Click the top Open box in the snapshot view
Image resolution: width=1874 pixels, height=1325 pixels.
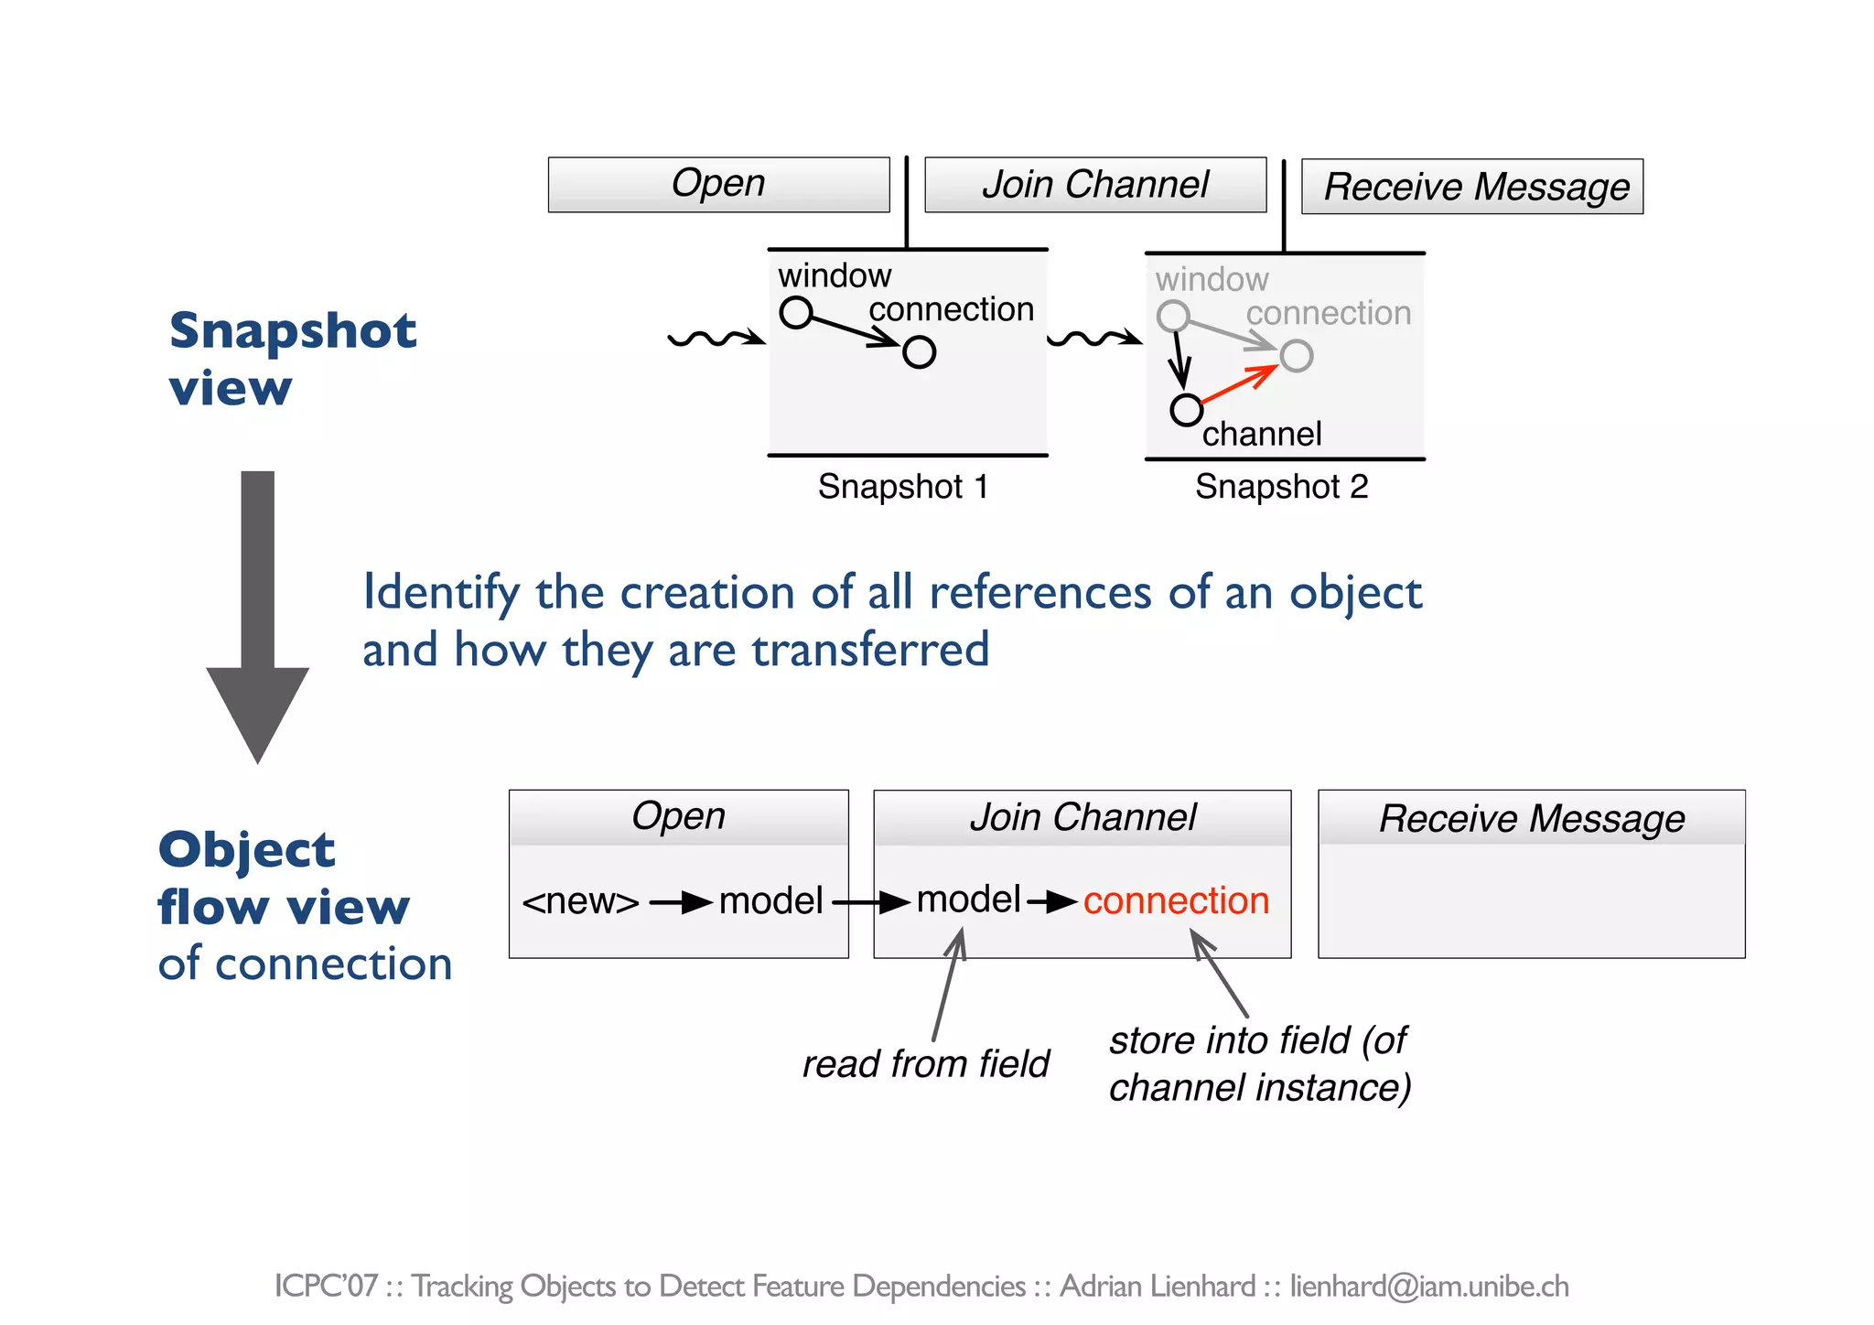tap(718, 185)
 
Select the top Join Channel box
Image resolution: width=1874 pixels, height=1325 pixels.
tap(1095, 185)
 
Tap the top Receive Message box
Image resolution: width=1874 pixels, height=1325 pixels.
tap(1471, 187)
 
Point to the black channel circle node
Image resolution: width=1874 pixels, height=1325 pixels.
tap(1186, 410)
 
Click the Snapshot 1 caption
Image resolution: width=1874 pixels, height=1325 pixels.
tap(903, 487)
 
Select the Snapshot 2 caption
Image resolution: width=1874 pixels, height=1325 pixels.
tap(1281, 487)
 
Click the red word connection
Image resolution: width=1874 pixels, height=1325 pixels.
tap(1176, 901)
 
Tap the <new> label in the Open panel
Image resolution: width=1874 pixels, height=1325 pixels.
tap(580, 902)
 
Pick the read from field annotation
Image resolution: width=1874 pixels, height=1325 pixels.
tap(925, 1064)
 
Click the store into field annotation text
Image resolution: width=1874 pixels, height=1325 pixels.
tap(1259, 1064)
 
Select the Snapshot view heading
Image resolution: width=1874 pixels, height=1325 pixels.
tap(292, 359)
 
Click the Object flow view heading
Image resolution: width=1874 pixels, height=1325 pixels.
tap(284, 878)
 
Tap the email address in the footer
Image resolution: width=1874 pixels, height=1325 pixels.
tap(1428, 1287)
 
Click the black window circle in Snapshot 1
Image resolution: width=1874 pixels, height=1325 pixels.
tap(795, 312)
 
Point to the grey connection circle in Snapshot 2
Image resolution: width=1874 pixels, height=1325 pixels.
tap(1296, 356)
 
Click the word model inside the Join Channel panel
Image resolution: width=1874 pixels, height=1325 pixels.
tap(968, 900)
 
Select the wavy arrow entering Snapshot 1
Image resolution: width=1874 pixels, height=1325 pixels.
tap(716, 339)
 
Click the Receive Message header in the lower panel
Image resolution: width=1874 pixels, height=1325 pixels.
tap(1531, 818)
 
